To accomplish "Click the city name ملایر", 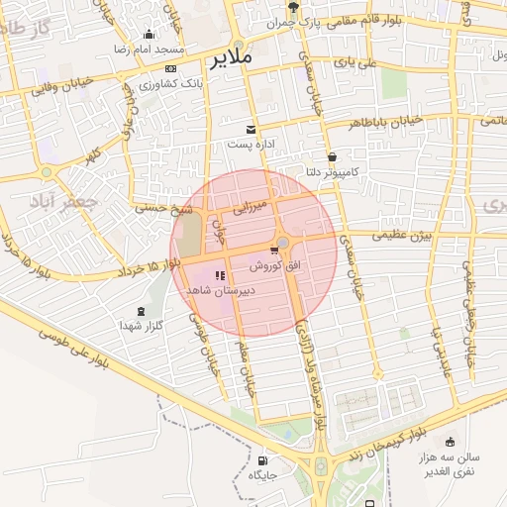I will tap(231, 58).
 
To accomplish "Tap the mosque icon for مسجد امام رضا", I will tap(150, 34).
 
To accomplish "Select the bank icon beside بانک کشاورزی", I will tap(172, 68).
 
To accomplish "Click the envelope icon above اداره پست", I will tap(250, 129).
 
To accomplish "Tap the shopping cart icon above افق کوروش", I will tap(273, 251).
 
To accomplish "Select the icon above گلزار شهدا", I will tap(140, 310).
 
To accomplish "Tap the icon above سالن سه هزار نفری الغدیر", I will tap(451, 442).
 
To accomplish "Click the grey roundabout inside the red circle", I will tap(283, 243).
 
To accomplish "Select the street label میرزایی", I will tap(249, 209).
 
